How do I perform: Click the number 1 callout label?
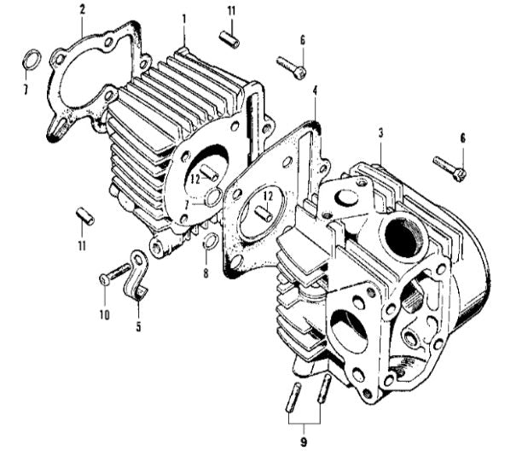pos(183,18)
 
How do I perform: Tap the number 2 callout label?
pos(83,10)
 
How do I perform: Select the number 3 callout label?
pos(380,132)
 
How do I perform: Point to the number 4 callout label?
pos(315,90)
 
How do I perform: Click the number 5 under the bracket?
pos(138,325)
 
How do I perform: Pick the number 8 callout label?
pos(206,273)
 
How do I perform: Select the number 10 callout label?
pos(104,315)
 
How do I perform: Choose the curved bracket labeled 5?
pos(138,273)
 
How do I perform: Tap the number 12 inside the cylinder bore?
pos(194,179)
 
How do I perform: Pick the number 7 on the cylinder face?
pos(186,205)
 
